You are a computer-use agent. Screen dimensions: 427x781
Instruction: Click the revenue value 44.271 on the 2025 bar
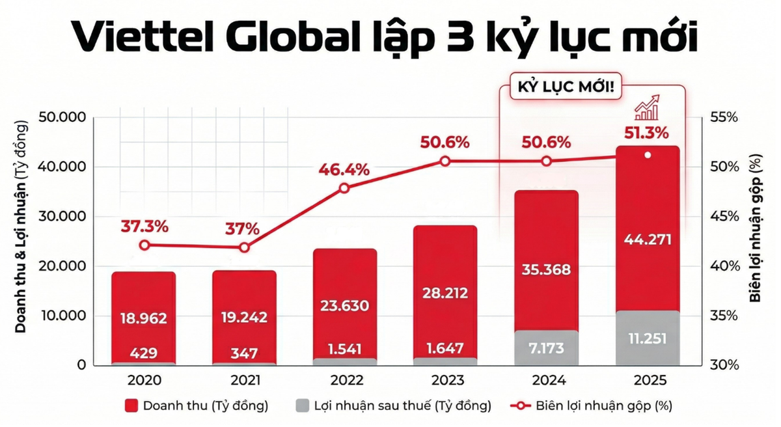coord(647,239)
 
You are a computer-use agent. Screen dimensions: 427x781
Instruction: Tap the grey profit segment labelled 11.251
coord(647,339)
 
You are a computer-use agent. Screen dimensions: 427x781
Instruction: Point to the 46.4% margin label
coord(344,170)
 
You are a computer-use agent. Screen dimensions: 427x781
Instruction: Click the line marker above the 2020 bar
coord(144,245)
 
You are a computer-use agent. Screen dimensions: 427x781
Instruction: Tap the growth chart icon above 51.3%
coord(647,108)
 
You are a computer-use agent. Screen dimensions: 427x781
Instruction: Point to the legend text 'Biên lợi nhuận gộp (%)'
coord(604,406)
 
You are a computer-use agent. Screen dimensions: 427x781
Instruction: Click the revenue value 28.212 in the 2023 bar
coord(446,294)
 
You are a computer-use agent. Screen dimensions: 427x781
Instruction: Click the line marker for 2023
coord(445,161)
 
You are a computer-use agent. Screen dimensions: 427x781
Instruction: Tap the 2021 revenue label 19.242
coord(244,318)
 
